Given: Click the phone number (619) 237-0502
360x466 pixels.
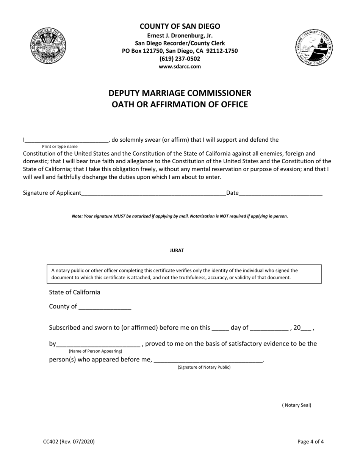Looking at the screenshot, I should tap(180, 59).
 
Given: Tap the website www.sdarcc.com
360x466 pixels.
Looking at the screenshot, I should tap(180, 66).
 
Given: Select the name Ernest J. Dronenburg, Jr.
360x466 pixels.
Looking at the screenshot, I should tap(180, 36).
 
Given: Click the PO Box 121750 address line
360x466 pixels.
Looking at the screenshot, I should tap(180, 51).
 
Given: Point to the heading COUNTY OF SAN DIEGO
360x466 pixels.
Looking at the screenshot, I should tap(180, 26).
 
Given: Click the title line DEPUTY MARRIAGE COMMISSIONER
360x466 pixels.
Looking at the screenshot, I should tap(180, 93).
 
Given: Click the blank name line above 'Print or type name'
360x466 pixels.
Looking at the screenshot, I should tap(67, 140).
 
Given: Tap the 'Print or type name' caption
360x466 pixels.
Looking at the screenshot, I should tap(60, 146).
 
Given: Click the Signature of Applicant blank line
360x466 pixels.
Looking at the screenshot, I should tap(153, 193).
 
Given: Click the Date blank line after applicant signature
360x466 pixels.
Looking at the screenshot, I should tap(280, 193).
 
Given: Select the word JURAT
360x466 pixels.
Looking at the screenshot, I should tap(177, 250).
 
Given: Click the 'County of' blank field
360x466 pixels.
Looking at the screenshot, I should tap(105, 307).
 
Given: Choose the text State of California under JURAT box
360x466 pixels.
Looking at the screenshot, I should tap(75, 292).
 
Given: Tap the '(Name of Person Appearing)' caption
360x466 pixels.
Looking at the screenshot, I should tap(95, 351).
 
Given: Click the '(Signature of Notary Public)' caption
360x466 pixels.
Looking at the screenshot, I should tap(204, 367).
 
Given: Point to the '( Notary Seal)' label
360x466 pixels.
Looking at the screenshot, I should tap(296, 405).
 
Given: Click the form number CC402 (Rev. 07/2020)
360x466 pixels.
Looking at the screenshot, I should tap(69, 441).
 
